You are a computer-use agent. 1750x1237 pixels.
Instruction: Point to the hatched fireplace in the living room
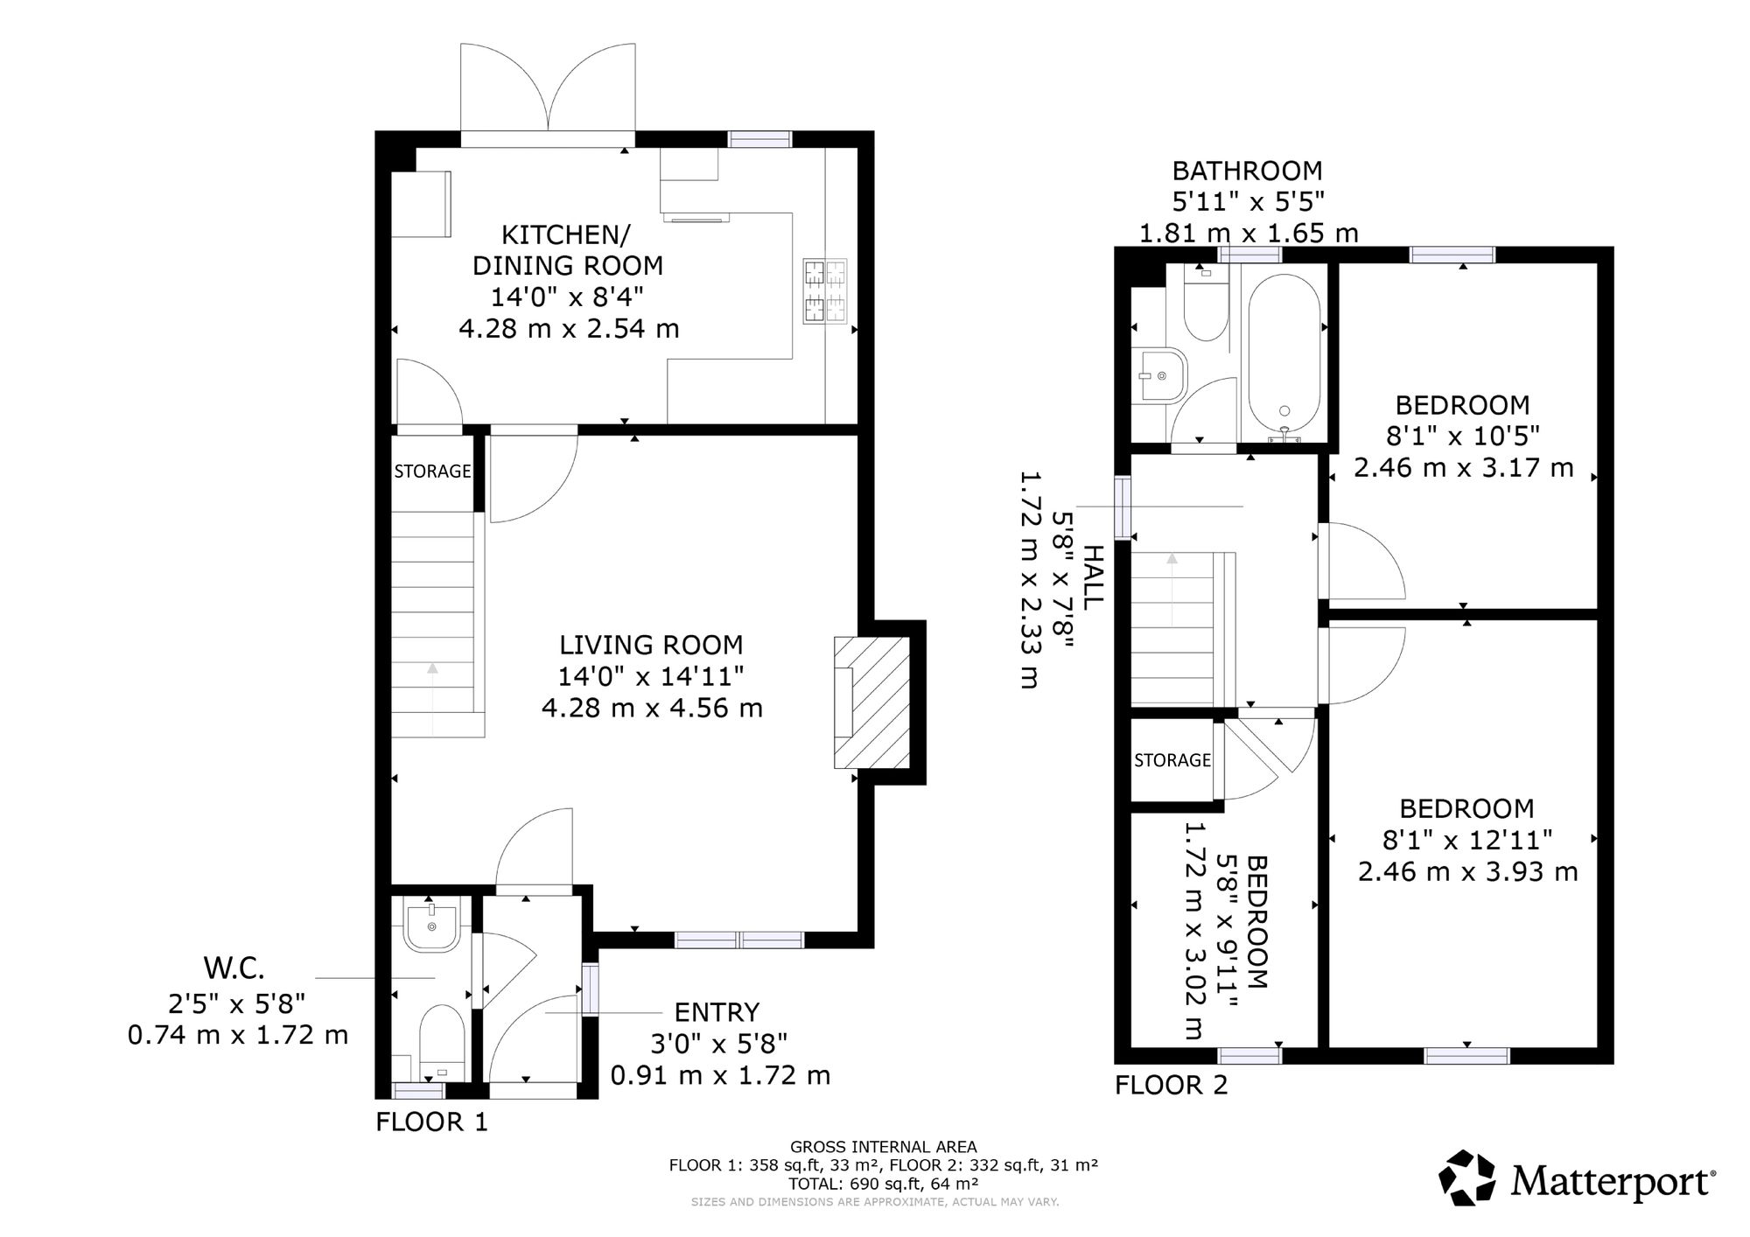pos(871,702)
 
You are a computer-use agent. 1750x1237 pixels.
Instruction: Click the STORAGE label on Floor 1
pos(432,472)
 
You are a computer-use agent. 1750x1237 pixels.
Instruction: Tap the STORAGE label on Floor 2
pos(1172,760)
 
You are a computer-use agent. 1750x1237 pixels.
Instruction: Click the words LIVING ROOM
pos(651,645)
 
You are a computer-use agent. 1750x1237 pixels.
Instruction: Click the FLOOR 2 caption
pos(1171,1086)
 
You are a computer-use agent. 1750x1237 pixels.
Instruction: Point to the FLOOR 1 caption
pos(431,1122)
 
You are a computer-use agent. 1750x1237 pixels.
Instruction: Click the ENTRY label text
pos(717,1012)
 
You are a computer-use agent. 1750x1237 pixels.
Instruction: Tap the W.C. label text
pos(234,968)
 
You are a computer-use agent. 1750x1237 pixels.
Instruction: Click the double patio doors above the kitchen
pos(548,92)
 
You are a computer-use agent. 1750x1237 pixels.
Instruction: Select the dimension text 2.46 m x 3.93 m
pos(1467,871)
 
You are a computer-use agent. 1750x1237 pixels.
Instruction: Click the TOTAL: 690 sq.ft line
pos(883,1184)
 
